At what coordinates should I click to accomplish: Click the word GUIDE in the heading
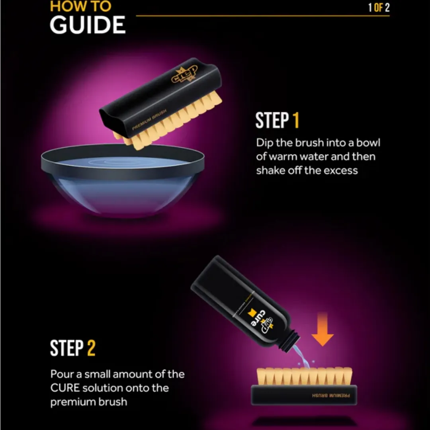[x=88, y=25]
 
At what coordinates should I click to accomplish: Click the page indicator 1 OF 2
[x=379, y=8]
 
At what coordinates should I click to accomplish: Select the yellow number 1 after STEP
[x=295, y=121]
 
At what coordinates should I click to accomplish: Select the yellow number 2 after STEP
[x=91, y=348]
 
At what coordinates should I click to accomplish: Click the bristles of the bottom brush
[x=304, y=376]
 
